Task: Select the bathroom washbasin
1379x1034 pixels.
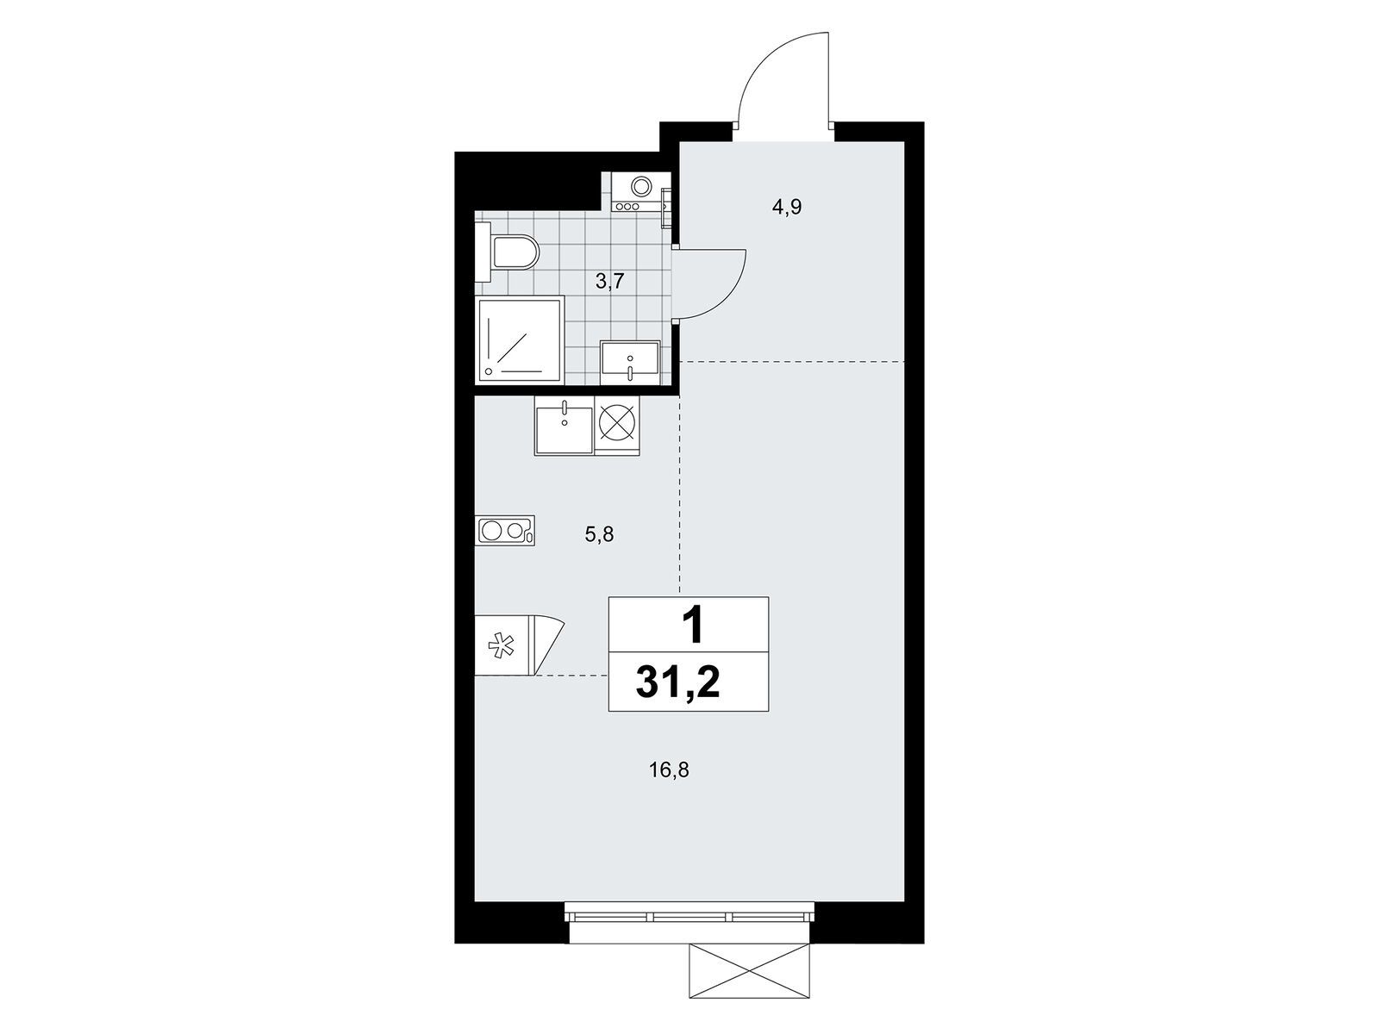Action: pyautogui.click(x=630, y=363)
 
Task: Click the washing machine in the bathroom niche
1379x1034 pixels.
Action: pyautogui.click(x=641, y=191)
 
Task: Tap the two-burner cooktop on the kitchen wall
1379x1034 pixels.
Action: pyautogui.click(x=504, y=531)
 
